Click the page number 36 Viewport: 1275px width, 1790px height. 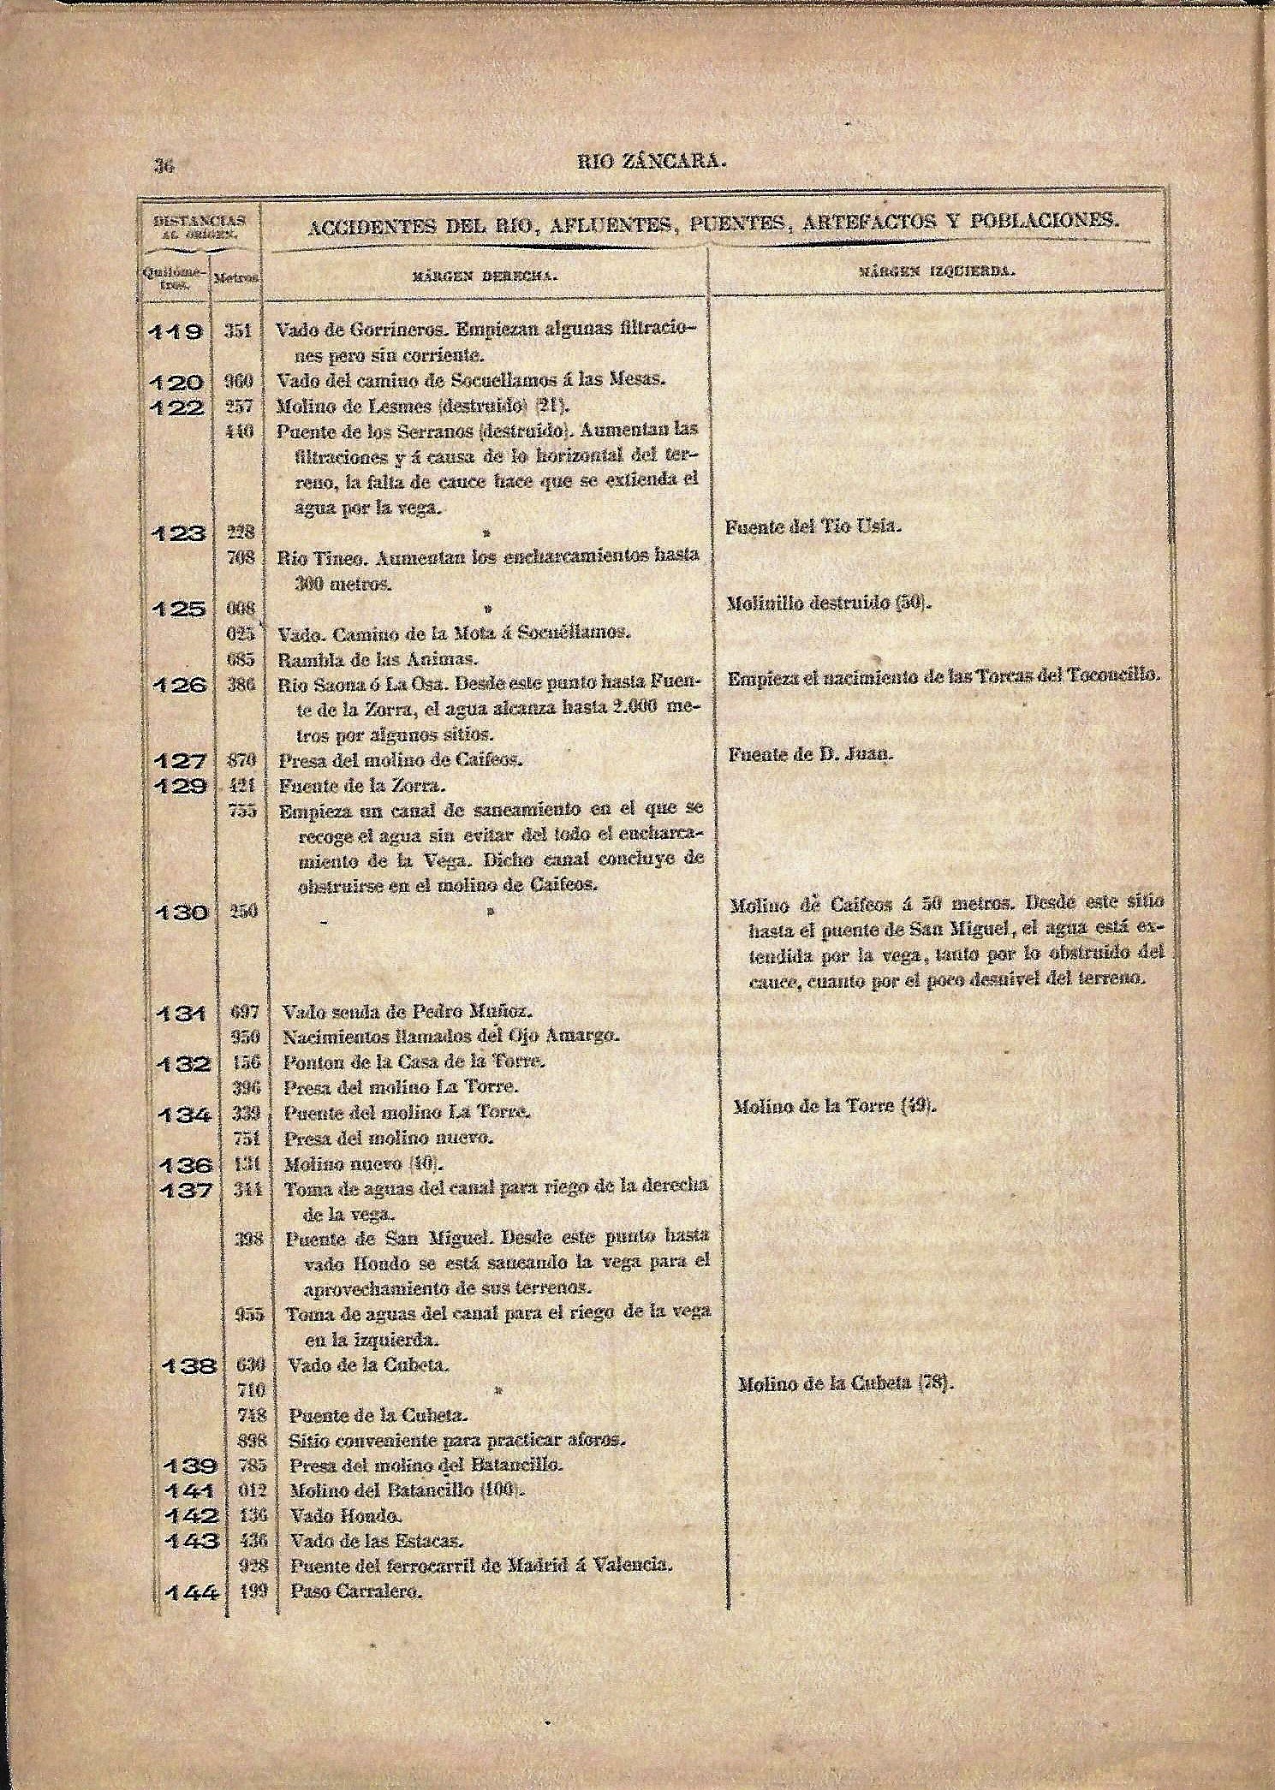pyautogui.click(x=163, y=167)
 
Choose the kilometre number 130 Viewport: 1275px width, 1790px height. pyautogui.click(x=181, y=913)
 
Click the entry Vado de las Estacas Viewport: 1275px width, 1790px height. pyautogui.click(x=376, y=1541)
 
